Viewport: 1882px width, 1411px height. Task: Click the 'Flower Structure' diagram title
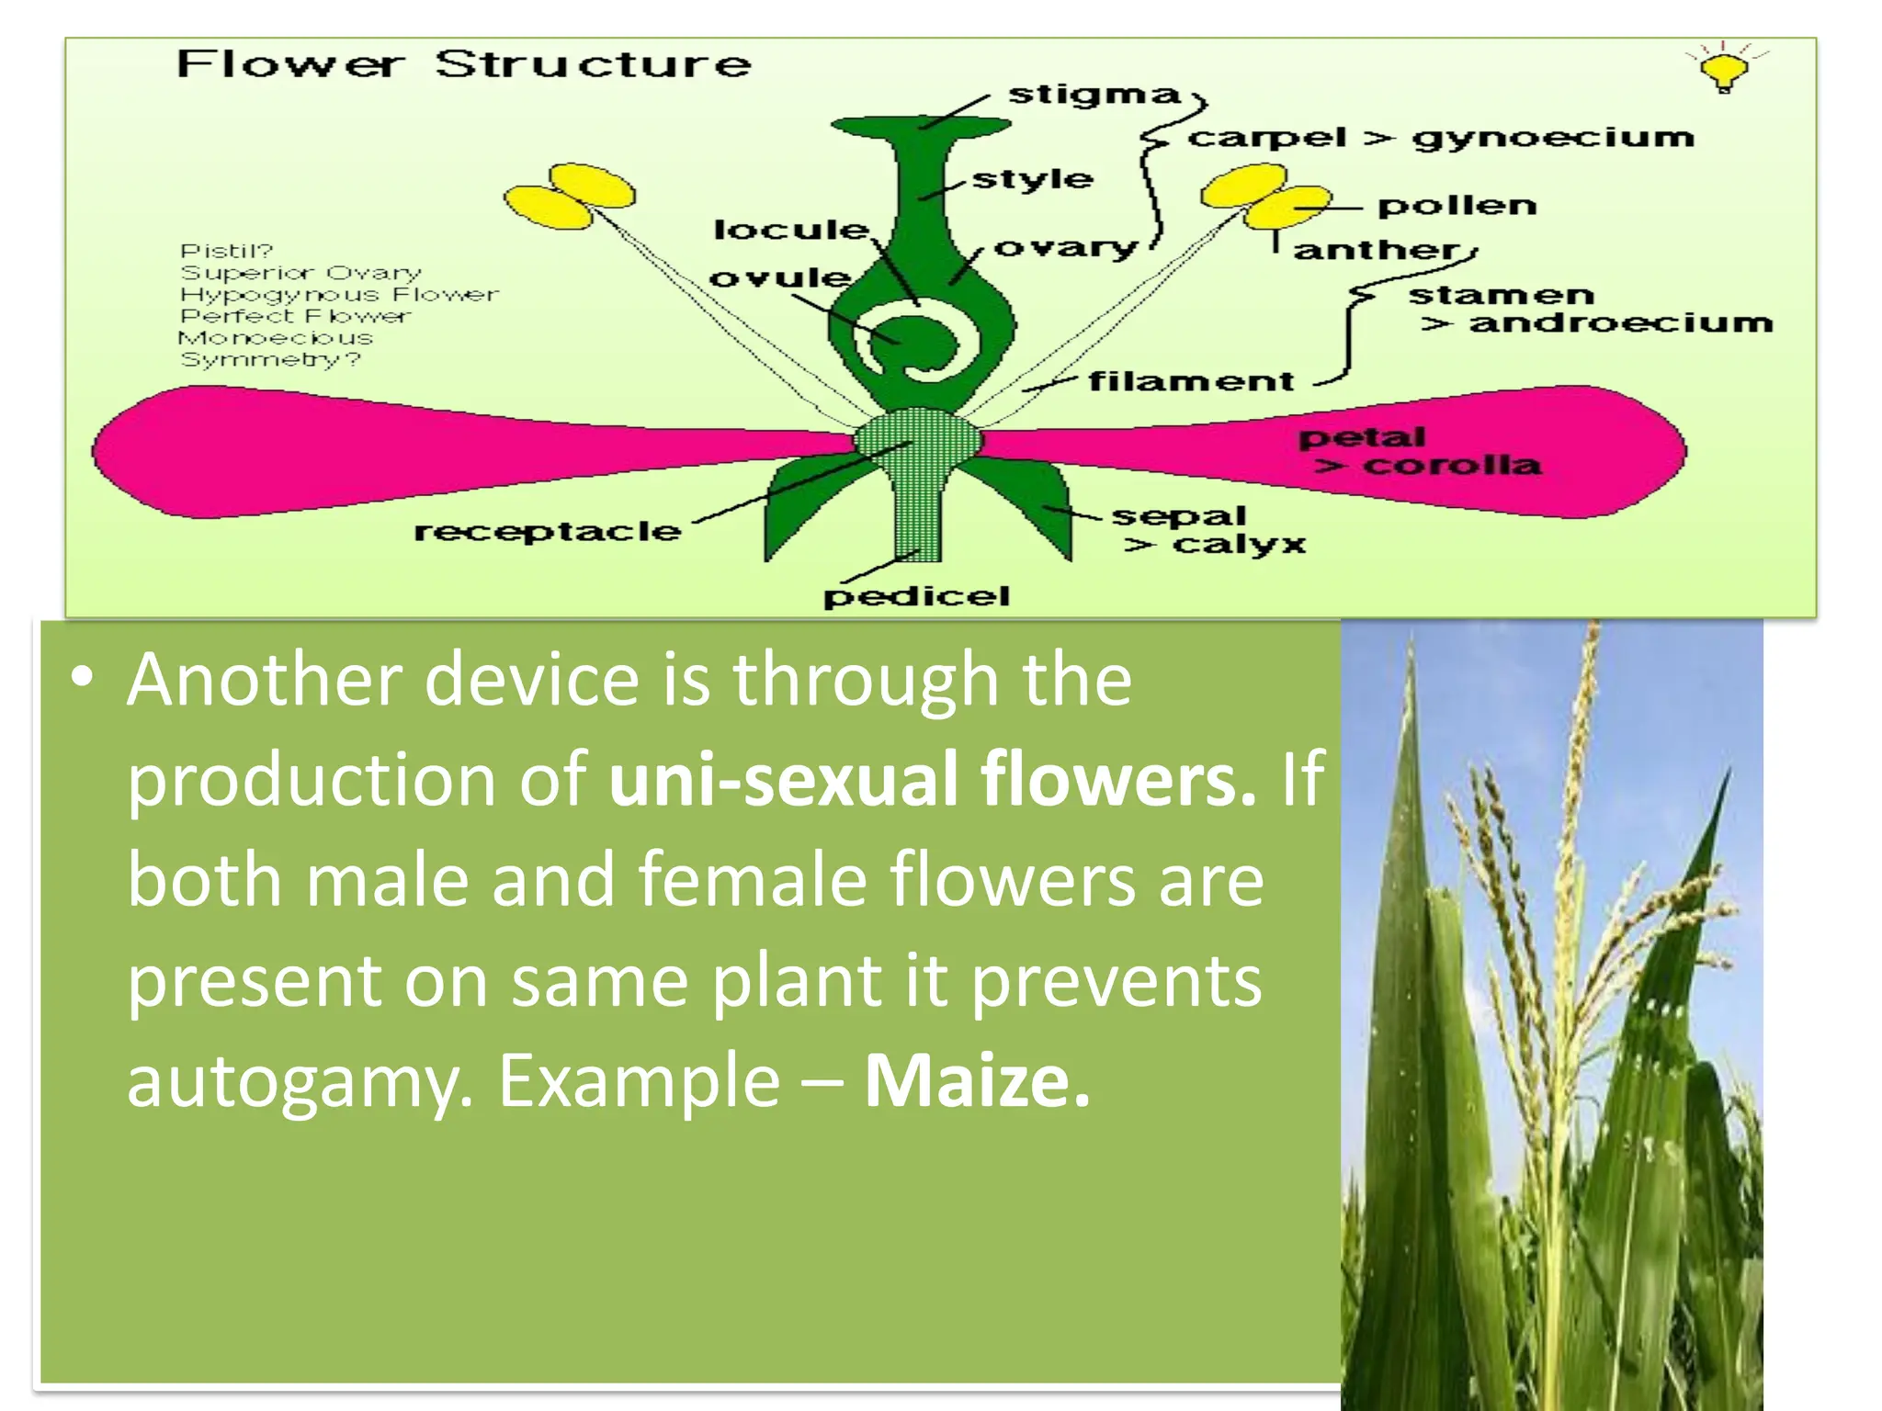coord(463,64)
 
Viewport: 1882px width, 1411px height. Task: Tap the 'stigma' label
coord(1094,95)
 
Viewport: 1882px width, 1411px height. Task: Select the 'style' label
coord(1033,179)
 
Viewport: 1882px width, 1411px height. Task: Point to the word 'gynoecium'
coord(1553,138)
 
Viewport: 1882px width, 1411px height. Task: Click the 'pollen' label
coord(1457,206)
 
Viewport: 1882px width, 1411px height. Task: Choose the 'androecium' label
coord(1620,323)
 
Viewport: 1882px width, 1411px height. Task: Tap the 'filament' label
coord(1191,380)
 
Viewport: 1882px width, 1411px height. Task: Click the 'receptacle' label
coord(548,532)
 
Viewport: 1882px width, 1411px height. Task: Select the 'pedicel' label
coord(916,596)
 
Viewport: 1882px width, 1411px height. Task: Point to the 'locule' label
coord(791,230)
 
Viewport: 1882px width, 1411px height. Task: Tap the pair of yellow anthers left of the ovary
coord(570,197)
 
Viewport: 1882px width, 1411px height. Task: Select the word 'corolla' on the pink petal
coord(1452,465)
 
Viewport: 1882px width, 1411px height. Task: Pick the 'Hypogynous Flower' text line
coord(339,295)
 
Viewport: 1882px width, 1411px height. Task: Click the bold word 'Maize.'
coord(977,1081)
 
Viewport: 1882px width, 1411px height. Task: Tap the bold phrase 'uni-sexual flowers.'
coord(932,779)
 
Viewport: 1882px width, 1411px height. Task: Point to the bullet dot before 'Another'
coord(83,678)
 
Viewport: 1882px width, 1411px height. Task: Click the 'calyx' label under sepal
coord(1239,545)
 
